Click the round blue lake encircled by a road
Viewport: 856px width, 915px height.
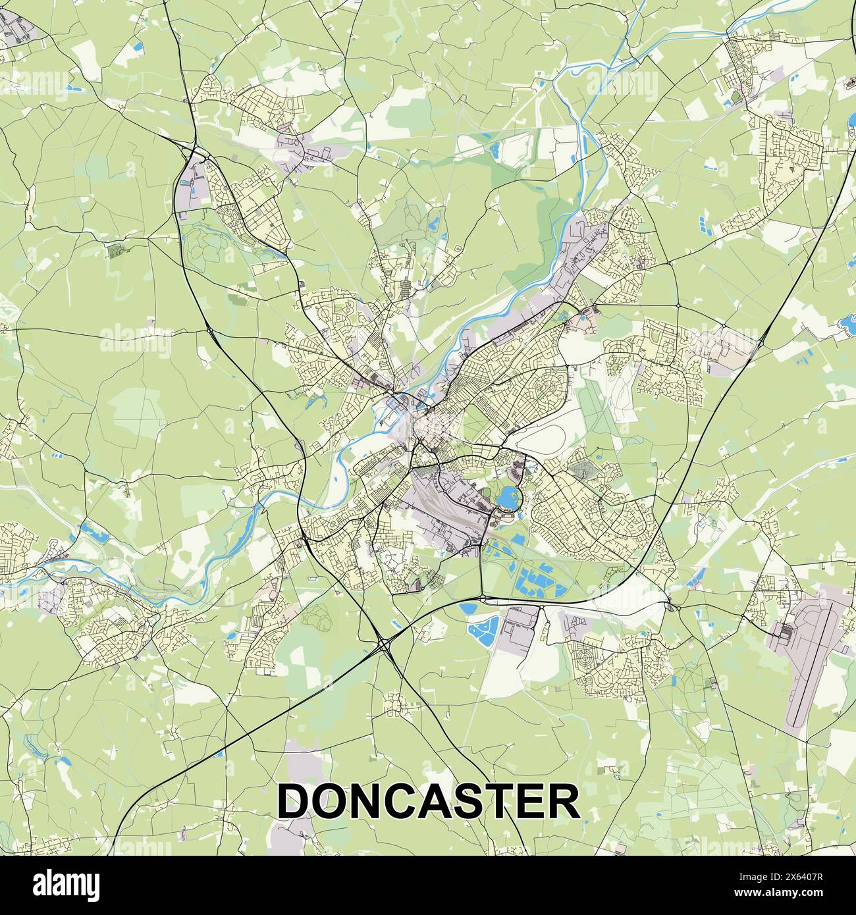508,498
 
